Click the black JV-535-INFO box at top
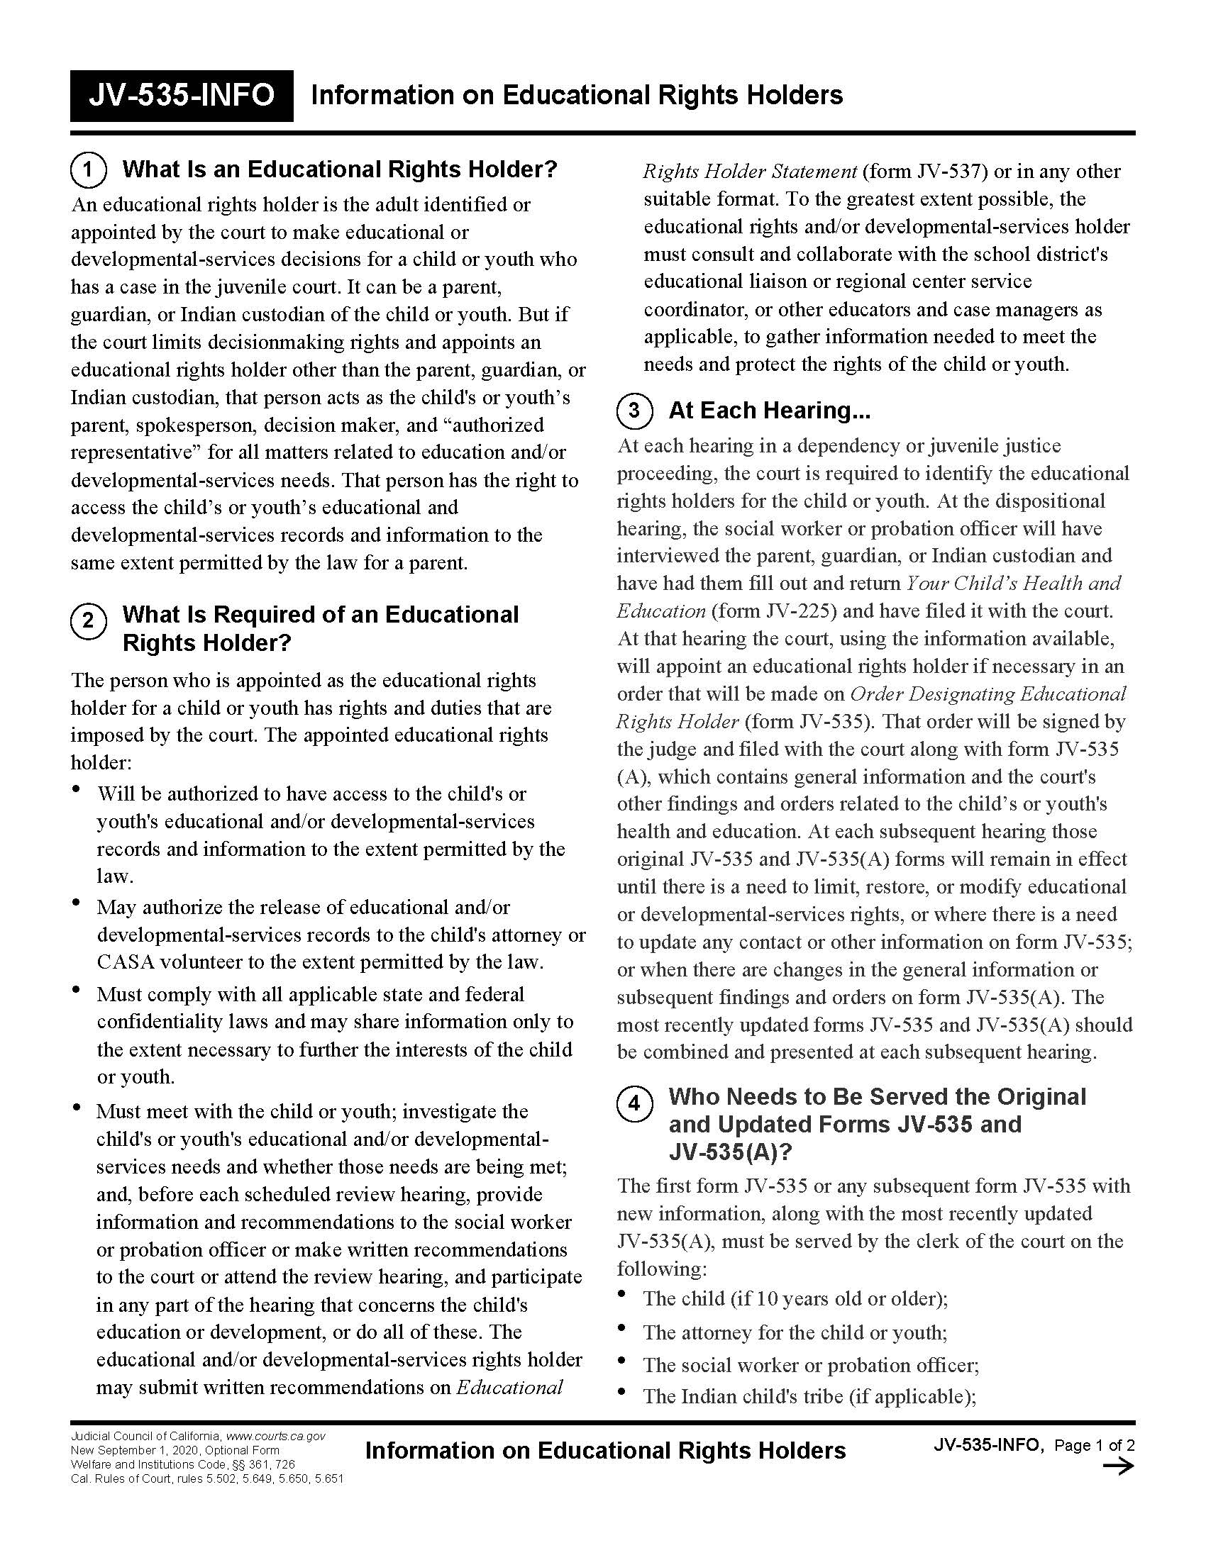pos(182,96)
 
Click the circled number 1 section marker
pos(88,170)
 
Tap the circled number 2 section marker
pos(88,620)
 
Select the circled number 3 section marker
pos(634,411)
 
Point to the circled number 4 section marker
pos(634,1104)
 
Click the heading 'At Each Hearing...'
pos(769,411)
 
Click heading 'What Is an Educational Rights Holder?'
pos(339,169)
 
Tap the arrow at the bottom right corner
pos(1118,1466)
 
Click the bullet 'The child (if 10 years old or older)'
pos(795,1298)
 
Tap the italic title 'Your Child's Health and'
pos(1013,583)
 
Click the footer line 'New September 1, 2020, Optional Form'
pos(175,1451)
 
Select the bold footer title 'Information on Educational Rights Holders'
pos(605,1451)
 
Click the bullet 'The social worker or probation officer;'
pos(810,1365)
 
